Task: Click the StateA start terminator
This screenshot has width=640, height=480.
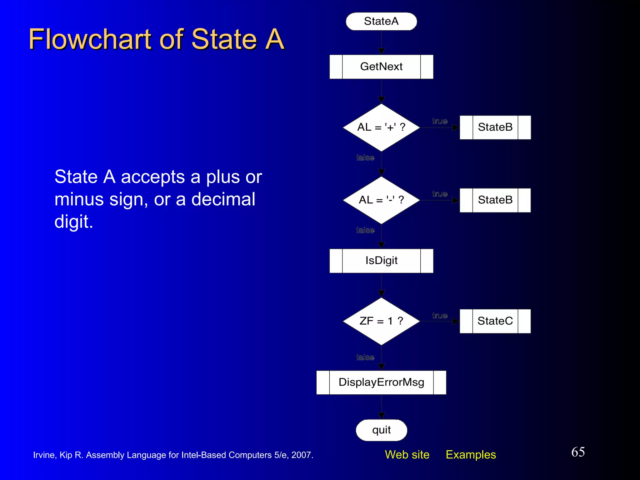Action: click(381, 22)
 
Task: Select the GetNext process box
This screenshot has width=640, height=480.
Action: click(381, 67)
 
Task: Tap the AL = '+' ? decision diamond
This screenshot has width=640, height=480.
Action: click(381, 127)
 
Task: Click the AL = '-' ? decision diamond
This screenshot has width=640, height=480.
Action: click(381, 200)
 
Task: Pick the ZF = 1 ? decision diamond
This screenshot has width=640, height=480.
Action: click(381, 321)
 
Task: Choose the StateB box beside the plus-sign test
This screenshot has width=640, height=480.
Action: click(495, 127)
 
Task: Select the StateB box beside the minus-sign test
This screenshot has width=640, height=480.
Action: click(495, 200)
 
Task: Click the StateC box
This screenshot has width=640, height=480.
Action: click(495, 321)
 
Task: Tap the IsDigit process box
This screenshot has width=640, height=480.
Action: click(381, 261)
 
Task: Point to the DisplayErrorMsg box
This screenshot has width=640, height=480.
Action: click(381, 382)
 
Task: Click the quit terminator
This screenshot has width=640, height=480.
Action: click(381, 430)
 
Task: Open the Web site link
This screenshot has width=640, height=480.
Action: click(407, 455)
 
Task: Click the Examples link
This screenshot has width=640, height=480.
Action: click(471, 455)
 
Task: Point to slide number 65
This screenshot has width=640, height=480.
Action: click(578, 452)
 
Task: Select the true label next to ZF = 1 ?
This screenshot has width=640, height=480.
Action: click(440, 316)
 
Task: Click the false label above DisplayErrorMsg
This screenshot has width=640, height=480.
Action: click(365, 357)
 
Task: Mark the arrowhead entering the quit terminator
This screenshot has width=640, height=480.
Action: click(381, 416)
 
